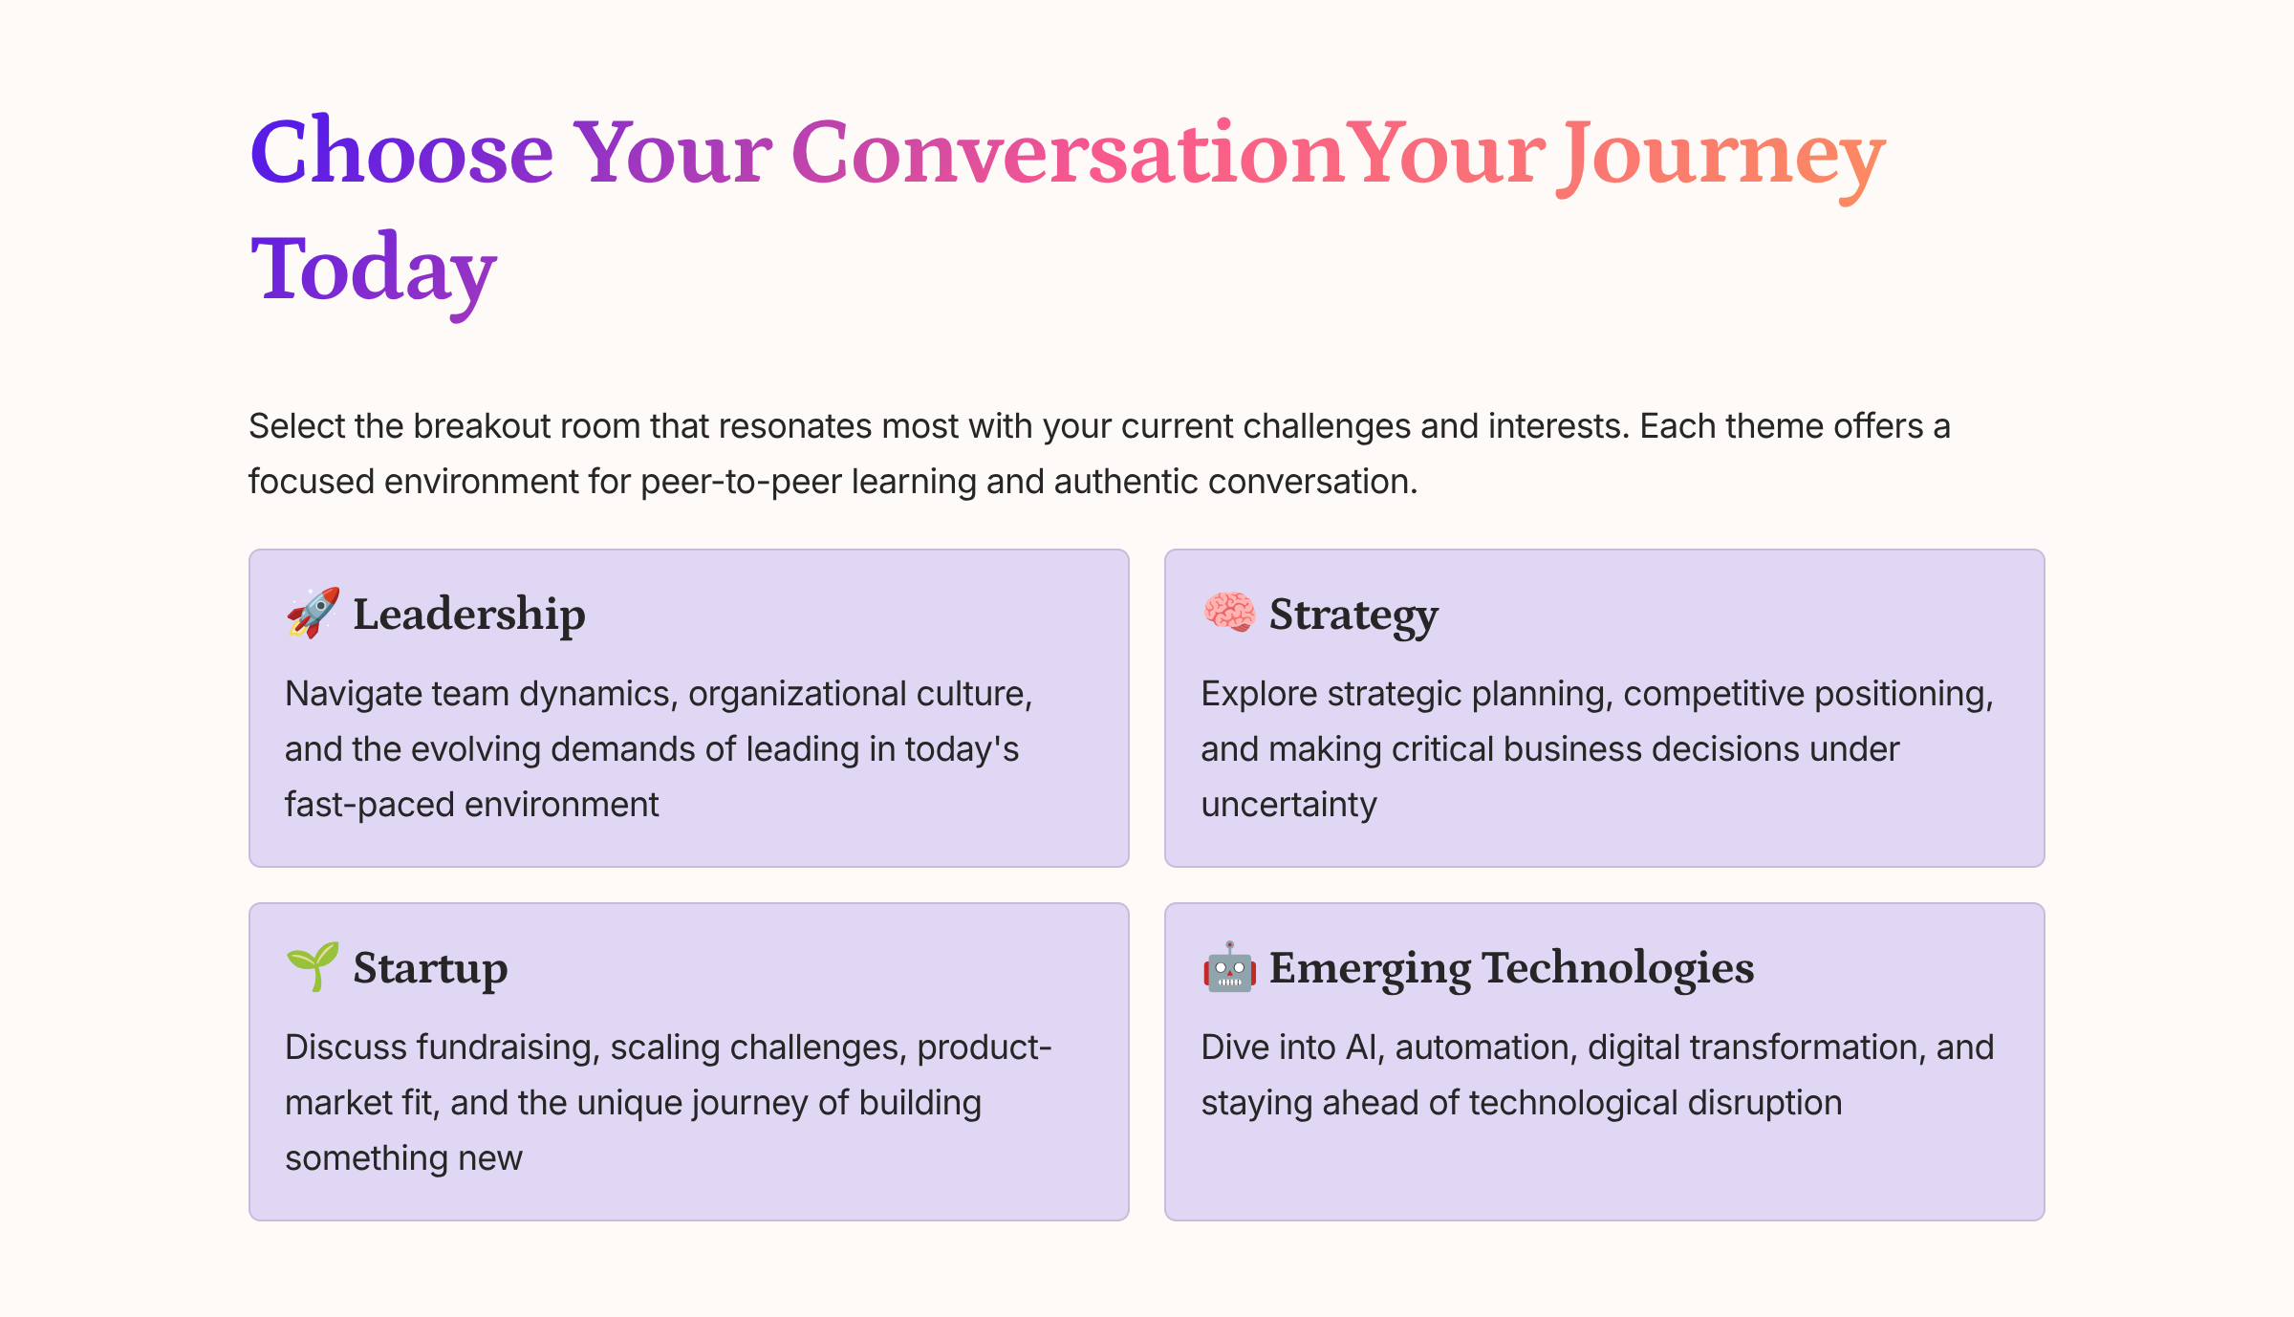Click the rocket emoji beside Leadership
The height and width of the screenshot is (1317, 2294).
pos(313,613)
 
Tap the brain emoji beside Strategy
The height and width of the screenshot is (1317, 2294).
pos(1228,613)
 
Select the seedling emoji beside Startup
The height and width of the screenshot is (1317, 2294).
pos(313,966)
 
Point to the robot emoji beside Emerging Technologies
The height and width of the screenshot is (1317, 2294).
pos(1228,966)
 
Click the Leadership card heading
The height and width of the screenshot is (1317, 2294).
pos(468,615)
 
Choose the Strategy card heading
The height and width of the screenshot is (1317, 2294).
pos(1353,615)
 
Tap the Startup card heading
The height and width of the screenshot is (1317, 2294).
pos(430,968)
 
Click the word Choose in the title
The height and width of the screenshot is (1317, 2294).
pos(401,153)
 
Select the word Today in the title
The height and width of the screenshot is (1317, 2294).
pos(373,270)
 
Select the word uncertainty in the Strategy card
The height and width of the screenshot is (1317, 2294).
pos(1288,805)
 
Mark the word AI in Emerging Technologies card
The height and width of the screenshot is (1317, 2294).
pos(1364,1047)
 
